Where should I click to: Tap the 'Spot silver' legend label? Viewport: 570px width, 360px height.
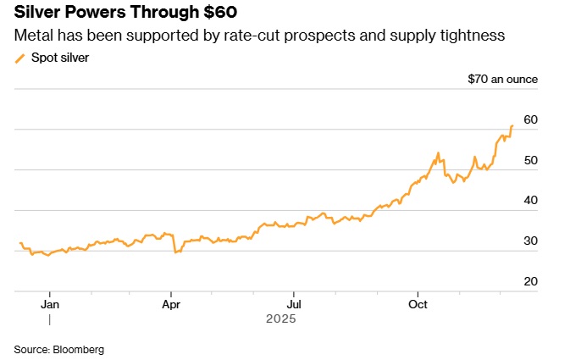[x=60, y=58]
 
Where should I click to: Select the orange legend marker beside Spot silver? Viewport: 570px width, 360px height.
[x=20, y=58]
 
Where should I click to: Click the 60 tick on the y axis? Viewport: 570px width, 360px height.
[x=531, y=119]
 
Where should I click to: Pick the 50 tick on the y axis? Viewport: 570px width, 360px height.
[x=531, y=160]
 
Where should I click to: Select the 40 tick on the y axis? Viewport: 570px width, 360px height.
[x=531, y=200]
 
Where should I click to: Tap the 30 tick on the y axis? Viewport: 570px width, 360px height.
[x=531, y=241]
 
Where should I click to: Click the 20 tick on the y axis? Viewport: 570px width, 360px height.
[x=531, y=281]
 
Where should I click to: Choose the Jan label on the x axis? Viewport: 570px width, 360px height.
[x=50, y=302]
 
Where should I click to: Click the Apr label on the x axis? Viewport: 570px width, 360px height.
[x=172, y=302]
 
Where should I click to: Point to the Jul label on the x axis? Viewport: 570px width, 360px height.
[x=294, y=302]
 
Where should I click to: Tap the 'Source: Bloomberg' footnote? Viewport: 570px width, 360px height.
[x=58, y=349]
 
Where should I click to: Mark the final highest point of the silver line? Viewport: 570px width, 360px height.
[x=512, y=125]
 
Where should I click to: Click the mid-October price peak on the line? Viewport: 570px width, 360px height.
[x=438, y=153]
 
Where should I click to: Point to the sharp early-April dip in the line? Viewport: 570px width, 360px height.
[x=175, y=252]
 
